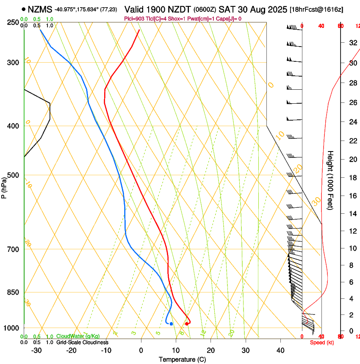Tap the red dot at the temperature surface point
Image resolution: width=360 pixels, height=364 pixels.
point(187,324)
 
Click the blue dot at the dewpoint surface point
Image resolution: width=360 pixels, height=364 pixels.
point(171,324)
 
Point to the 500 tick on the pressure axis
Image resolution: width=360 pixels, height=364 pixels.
point(14,175)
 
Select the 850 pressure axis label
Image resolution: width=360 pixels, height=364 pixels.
point(14,292)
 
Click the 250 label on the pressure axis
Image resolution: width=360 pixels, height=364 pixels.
point(14,22)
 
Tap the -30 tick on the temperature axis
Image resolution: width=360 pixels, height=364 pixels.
point(36,350)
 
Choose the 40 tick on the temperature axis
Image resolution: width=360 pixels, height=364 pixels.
point(280,350)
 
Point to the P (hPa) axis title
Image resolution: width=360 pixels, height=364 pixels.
point(4,187)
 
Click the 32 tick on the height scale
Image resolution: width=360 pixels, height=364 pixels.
point(352,43)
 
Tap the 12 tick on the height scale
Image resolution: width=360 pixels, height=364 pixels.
point(352,231)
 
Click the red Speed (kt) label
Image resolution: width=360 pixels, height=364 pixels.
point(322,342)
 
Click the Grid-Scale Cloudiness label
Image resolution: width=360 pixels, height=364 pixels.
point(82,342)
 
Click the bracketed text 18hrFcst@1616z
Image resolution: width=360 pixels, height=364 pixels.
point(316,9)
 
